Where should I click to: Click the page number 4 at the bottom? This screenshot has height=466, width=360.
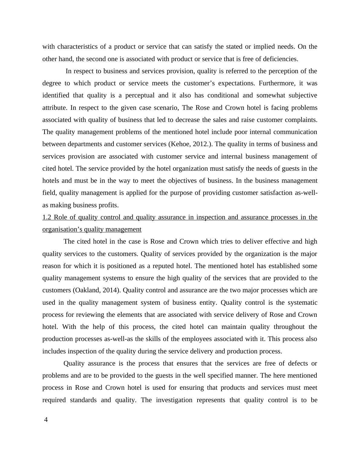(46, 420)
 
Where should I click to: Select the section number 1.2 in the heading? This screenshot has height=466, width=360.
(47, 217)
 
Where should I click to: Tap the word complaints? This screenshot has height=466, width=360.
(302, 120)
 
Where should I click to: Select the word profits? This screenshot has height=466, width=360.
(109, 205)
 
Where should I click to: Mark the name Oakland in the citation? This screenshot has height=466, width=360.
(87, 290)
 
